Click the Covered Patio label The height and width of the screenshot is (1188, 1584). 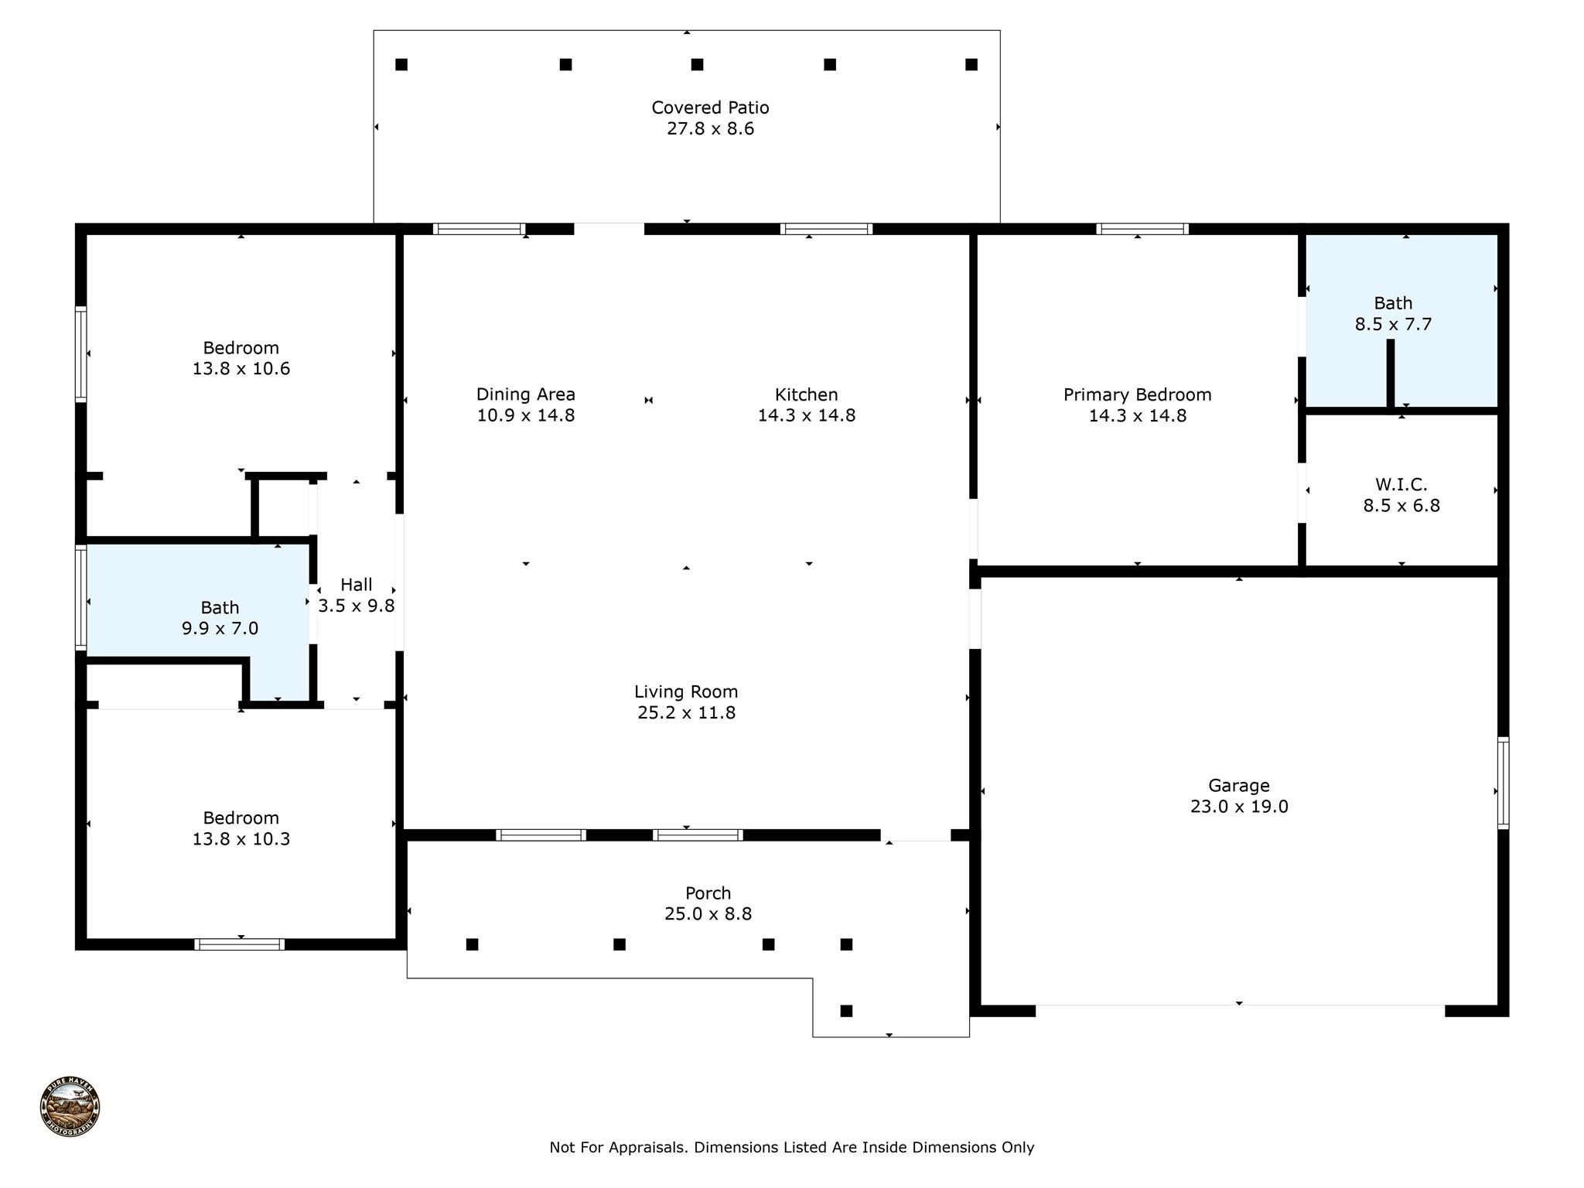tap(709, 108)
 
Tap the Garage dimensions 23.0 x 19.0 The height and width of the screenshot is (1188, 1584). tap(1238, 807)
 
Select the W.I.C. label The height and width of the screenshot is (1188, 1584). tap(1401, 485)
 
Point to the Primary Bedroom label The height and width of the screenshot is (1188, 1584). tap(1137, 395)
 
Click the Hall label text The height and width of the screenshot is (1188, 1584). tap(356, 585)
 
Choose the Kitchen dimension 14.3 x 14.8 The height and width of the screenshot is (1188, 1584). tap(806, 415)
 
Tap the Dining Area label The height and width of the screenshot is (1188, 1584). tap(525, 394)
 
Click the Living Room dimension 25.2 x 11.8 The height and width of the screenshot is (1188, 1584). tap(686, 713)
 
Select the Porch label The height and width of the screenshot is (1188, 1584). tap(708, 893)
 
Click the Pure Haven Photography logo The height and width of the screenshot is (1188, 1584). tap(70, 1107)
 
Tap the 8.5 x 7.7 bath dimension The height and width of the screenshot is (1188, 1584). tap(1393, 325)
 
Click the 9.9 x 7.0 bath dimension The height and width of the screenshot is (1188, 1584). tap(220, 629)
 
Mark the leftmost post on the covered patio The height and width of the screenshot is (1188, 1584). tap(401, 64)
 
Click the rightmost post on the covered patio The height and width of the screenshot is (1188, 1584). tap(971, 64)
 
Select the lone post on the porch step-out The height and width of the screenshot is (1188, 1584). tap(846, 1011)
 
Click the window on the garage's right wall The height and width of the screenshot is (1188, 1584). tap(1503, 783)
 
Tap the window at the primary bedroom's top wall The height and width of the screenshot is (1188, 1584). tap(1142, 229)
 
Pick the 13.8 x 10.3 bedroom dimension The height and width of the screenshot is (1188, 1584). tap(241, 839)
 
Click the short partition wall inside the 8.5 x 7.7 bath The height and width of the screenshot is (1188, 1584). tap(1390, 374)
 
